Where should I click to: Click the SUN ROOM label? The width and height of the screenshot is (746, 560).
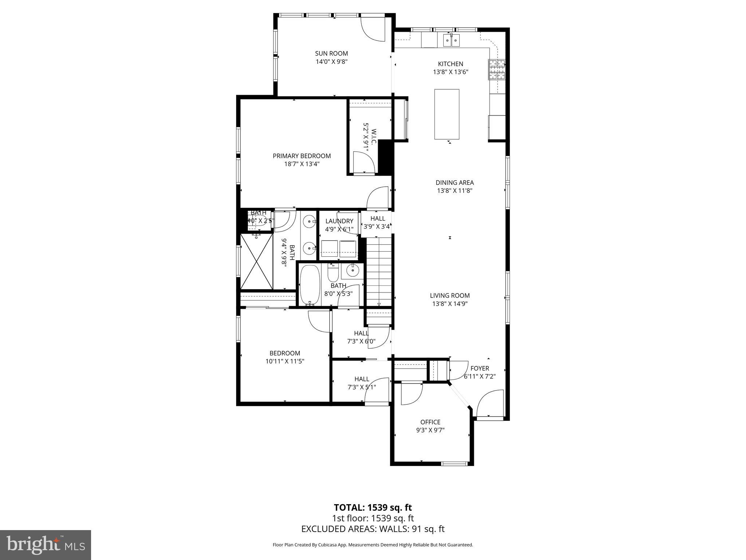[x=331, y=54]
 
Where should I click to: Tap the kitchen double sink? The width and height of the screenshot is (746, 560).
[x=451, y=40]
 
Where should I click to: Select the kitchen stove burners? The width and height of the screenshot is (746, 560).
[x=497, y=69]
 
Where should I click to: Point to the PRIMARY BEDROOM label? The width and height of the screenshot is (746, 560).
[x=302, y=156]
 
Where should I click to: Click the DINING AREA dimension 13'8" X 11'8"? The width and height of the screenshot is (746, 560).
[x=454, y=191]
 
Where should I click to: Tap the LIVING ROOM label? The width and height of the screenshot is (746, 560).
[x=449, y=296]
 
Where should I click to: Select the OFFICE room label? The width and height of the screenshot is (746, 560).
[x=430, y=422]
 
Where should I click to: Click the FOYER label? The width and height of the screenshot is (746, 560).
[x=479, y=369]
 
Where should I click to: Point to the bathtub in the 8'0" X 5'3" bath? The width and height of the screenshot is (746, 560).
[x=310, y=285]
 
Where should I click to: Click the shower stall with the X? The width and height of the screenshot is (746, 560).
[x=256, y=261]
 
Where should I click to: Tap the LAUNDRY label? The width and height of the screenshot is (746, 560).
[x=339, y=221]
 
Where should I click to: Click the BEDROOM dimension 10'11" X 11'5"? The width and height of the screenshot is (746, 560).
[x=284, y=361]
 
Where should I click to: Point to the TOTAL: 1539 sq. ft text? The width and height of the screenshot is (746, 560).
[x=373, y=507]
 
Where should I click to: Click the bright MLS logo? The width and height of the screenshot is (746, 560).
[x=46, y=545]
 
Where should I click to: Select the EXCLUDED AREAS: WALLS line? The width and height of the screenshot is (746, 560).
[x=373, y=529]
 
